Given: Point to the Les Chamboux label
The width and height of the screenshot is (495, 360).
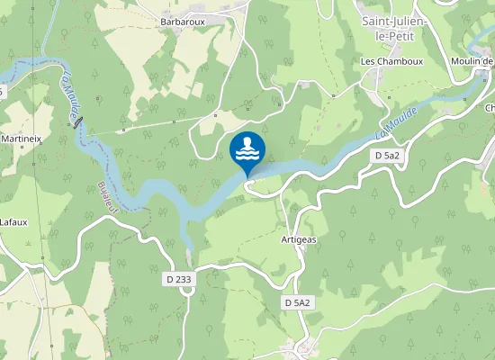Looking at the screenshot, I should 386,61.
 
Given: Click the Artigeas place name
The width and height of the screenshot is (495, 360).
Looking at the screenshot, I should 298,239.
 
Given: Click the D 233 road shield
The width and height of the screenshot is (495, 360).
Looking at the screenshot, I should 179,280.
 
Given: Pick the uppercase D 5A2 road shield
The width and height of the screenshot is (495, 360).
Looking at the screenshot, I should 297,302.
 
